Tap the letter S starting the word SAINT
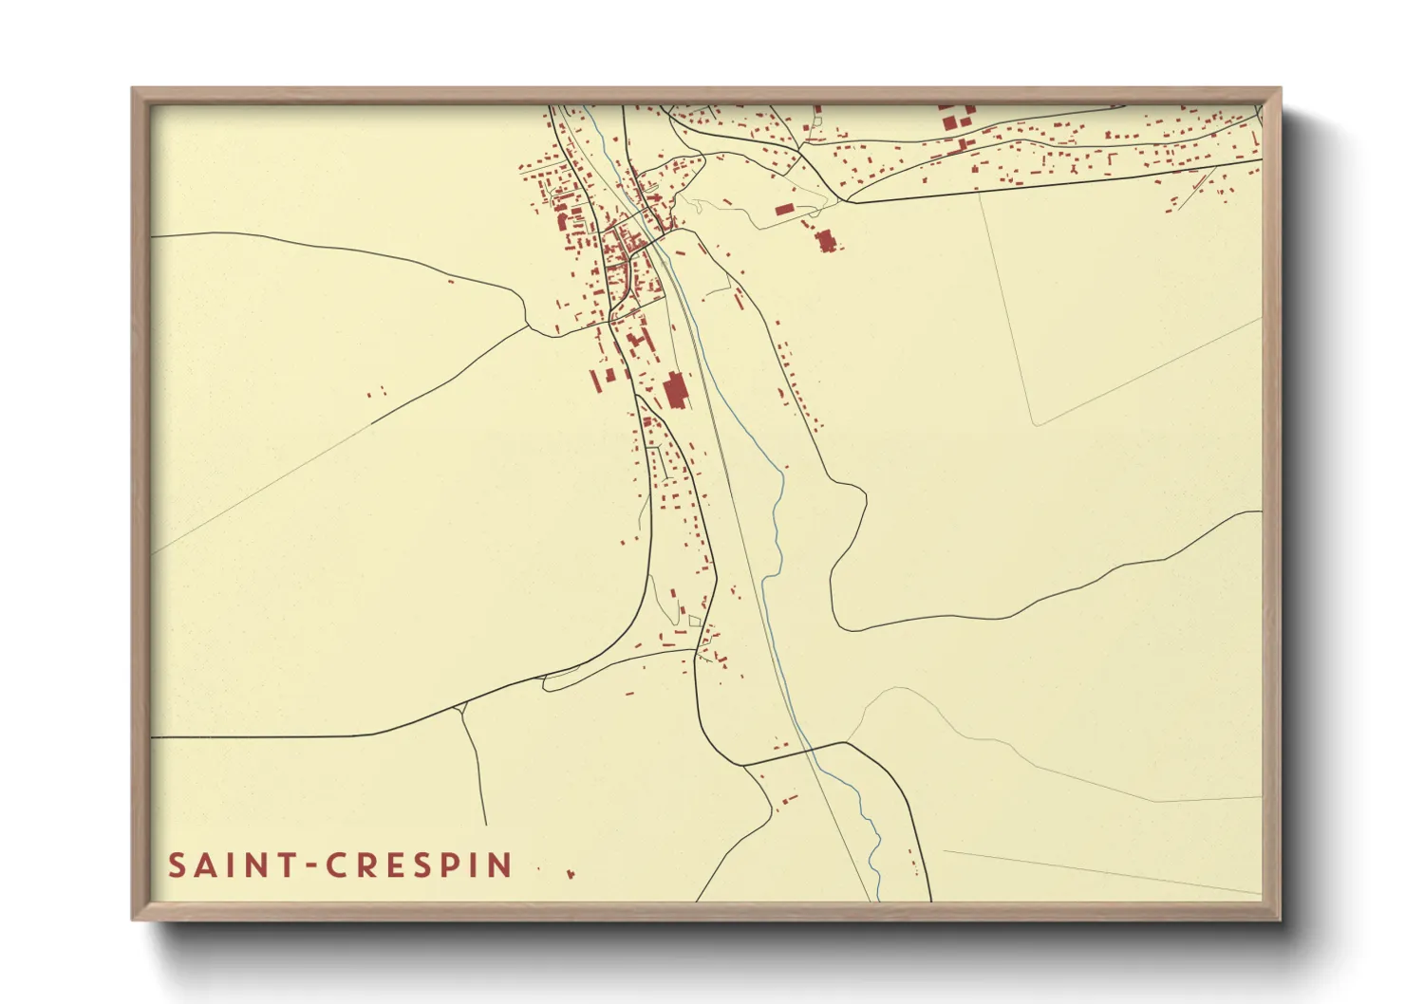pos(177,865)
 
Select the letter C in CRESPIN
pos(335,865)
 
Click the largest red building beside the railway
pos(676,390)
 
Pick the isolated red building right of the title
pos(571,873)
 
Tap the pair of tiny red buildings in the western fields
pos(376,390)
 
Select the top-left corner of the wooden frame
pos(133,89)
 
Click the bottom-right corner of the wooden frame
pos(1280,919)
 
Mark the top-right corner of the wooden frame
pos(1280,89)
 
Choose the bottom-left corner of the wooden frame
pos(133,919)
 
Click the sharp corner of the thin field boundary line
pos(1035,423)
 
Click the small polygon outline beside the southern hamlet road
pos(694,621)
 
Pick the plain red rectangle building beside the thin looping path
pos(784,210)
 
